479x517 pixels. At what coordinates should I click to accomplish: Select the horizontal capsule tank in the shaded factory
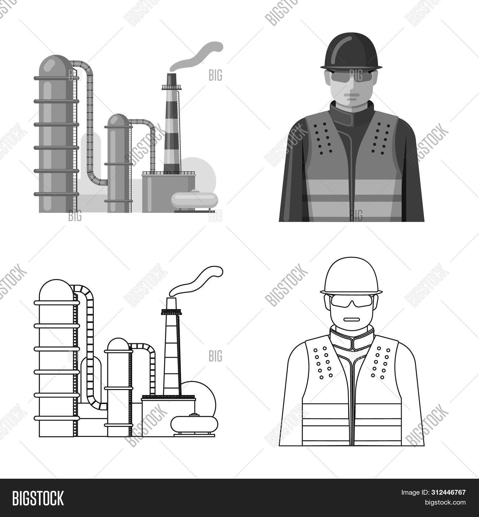pyautogui.click(x=194, y=200)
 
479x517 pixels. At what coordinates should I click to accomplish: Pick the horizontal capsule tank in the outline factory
pyautogui.click(x=194, y=424)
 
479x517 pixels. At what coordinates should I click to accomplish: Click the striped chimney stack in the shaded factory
pyautogui.click(x=171, y=128)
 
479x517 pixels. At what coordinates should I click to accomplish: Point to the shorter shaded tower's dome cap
pyautogui.click(x=118, y=120)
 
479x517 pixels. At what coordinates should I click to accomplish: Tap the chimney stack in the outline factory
pyautogui.click(x=171, y=351)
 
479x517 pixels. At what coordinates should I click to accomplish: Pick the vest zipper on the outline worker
pyautogui.click(x=352, y=399)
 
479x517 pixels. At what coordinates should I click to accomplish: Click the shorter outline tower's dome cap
pyautogui.click(x=118, y=344)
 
